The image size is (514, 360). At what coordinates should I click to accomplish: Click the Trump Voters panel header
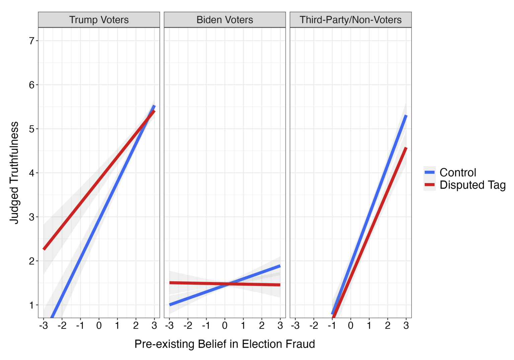point(99,20)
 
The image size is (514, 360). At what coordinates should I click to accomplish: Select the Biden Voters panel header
point(225,20)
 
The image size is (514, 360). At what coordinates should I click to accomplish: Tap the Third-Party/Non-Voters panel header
point(350,20)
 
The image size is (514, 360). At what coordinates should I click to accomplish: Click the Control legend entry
point(457,172)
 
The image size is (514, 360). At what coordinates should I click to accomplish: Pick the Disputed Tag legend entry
point(472,185)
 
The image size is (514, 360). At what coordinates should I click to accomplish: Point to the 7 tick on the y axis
point(32,41)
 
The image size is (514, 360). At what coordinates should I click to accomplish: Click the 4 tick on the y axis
point(32,173)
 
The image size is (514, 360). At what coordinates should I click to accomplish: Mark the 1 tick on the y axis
point(32,305)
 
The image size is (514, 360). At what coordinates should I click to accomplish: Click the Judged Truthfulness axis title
point(14,172)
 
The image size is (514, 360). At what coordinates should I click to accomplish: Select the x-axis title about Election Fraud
point(225,344)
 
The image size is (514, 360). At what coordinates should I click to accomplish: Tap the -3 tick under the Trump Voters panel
point(44,326)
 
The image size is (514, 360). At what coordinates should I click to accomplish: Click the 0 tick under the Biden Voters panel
point(225,326)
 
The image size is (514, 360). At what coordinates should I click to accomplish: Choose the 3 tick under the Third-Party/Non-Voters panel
point(406,326)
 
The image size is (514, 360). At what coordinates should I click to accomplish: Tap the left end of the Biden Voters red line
point(170,283)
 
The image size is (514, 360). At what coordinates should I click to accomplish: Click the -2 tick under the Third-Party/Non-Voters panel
point(314,326)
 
